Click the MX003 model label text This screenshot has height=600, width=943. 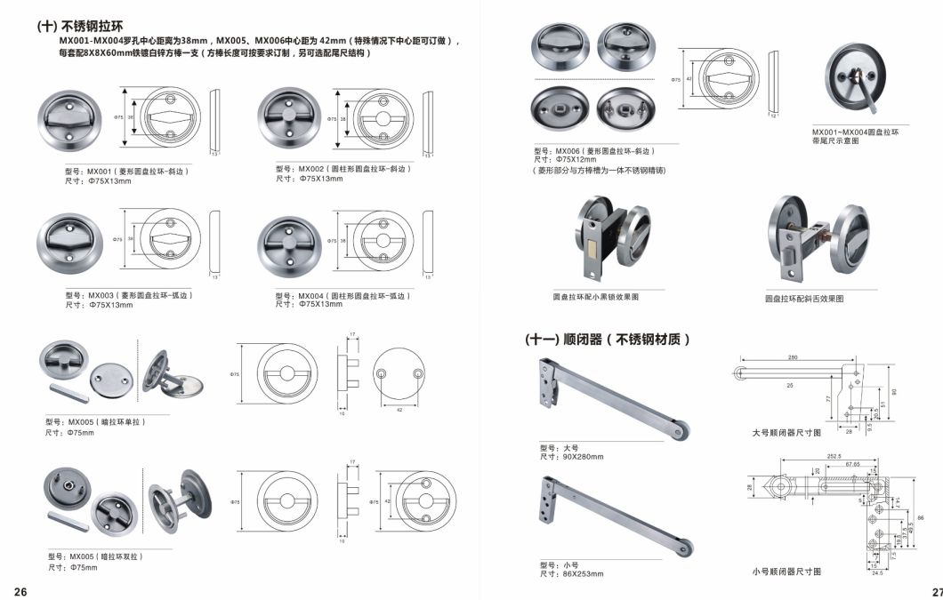click(129, 295)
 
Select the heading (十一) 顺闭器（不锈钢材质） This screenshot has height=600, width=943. click(608, 340)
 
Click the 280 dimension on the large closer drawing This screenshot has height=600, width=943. click(792, 358)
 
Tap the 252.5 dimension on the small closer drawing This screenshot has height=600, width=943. click(834, 456)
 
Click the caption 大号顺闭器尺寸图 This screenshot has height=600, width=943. click(786, 433)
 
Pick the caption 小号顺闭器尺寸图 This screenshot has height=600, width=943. click(786, 571)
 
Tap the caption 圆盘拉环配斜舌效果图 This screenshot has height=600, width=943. click(804, 300)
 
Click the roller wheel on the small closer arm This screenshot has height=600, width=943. click(685, 547)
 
